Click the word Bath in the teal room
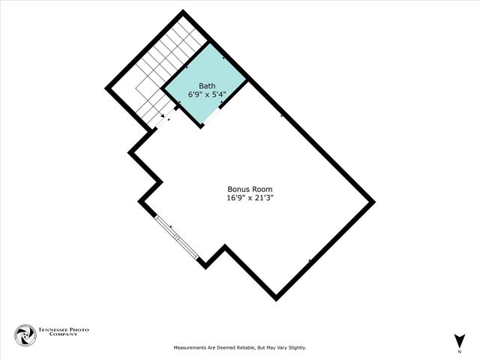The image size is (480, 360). (x=206, y=85)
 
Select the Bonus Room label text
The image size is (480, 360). (x=250, y=189)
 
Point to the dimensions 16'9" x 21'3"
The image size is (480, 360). (x=250, y=199)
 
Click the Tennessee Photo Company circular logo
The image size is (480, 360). (x=25, y=335)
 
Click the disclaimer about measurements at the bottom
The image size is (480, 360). (x=240, y=347)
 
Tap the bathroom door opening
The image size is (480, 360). (x=211, y=117)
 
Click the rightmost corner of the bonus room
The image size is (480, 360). (x=372, y=202)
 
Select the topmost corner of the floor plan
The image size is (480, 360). (x=184, y=13)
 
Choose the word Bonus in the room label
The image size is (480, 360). (x=238, y=189)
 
